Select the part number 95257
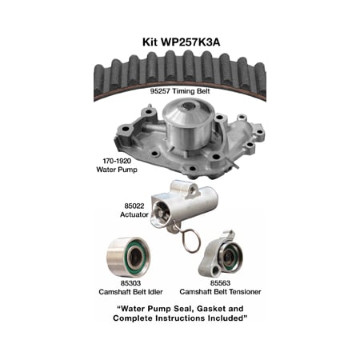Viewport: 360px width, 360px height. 164,92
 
